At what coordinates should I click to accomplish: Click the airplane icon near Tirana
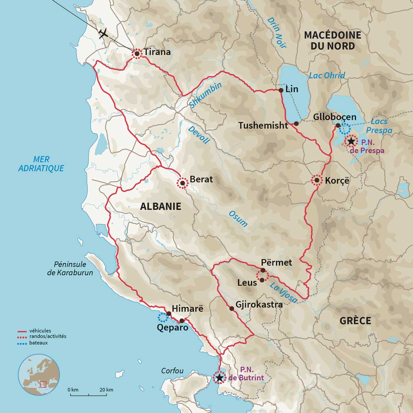104,33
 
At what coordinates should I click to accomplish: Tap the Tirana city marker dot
137,54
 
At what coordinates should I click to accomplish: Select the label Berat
201,179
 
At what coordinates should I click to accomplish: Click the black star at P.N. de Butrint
219,378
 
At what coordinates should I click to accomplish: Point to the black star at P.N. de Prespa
351,141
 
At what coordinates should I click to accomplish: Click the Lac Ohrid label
327,75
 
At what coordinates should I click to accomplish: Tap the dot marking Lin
281,90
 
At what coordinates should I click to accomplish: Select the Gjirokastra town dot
232,309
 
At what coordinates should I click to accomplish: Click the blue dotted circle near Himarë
163,317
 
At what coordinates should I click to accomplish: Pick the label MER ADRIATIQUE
41,164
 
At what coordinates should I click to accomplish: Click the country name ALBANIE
160,206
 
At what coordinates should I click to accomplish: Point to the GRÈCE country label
355,321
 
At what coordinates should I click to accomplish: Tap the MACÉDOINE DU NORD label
333,40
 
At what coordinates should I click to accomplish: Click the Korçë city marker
317,180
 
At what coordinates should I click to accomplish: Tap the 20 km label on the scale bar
106,390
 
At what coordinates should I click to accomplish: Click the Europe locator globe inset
39,375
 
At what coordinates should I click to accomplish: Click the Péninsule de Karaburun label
70,268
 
